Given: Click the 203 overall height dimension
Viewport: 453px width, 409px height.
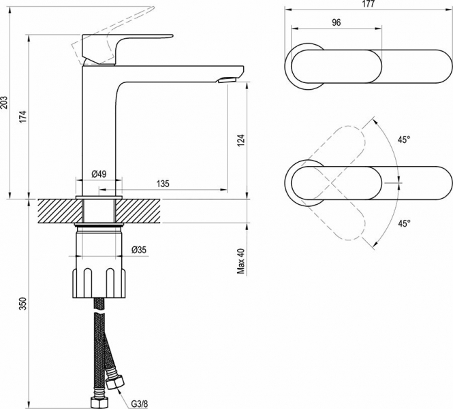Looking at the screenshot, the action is pos(5,103).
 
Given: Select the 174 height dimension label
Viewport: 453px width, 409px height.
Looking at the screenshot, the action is pos(23,116).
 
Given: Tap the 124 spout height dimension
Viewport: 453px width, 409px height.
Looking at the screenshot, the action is pos(241,140).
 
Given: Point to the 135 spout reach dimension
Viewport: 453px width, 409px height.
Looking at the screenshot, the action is pos(163,184).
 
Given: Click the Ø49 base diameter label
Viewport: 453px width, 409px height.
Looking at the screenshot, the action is pos(99,174).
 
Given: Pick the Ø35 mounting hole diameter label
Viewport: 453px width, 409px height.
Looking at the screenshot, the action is pos(139,250).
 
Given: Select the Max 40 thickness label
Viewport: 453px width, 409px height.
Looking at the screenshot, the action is pos(241,261).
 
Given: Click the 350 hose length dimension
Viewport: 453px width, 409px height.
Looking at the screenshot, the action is pos(23,304).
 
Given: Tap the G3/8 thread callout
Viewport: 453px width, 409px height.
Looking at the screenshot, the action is pos(140,404).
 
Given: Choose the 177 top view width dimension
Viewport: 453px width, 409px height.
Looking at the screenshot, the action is pos(369,4).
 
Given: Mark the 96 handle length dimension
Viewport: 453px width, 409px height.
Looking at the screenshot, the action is pos(337,22).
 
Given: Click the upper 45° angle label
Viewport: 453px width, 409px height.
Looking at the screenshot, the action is pos(404,140).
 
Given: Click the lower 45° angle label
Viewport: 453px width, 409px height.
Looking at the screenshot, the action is pos(404,223).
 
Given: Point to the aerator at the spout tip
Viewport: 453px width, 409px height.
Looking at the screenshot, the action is pos(227,80).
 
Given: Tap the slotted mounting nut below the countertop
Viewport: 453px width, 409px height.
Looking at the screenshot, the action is pos(99,283).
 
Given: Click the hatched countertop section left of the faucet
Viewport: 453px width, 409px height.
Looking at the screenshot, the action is pos(60,211).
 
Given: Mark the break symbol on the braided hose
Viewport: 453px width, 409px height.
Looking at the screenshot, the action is pos(99,313).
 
